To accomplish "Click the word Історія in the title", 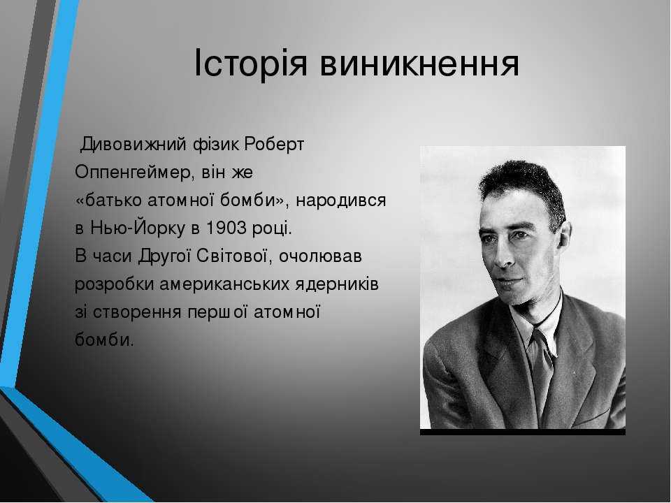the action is pos(251,63).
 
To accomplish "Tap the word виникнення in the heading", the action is pos(419,64).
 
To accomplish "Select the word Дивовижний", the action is pos(134,144).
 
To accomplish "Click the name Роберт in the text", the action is pos(274,145).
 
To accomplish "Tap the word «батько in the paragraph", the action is pos(109,201).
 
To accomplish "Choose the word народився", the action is pos(341,201).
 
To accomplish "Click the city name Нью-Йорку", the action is pos(138,228).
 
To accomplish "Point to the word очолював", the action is pos(320,256).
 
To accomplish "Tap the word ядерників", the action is pos(337,285).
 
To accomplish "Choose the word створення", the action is pos(137,313).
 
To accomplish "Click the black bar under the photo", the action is pos(523,432).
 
